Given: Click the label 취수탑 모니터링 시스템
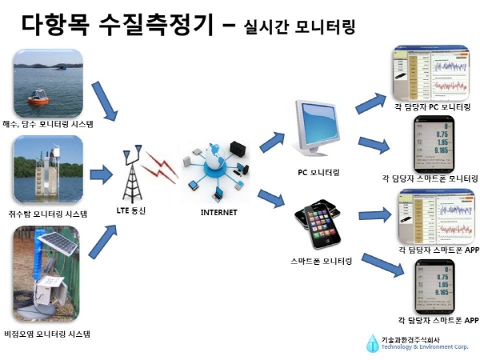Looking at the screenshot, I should pyautogui.click(x=50, y=214).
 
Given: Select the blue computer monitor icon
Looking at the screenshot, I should pyautogui.click(x=318, y=127).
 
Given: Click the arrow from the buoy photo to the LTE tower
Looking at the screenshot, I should pyautogui.click(x=106, y=101).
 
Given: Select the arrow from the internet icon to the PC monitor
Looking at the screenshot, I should pyautogui.click(x=270, y=142).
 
